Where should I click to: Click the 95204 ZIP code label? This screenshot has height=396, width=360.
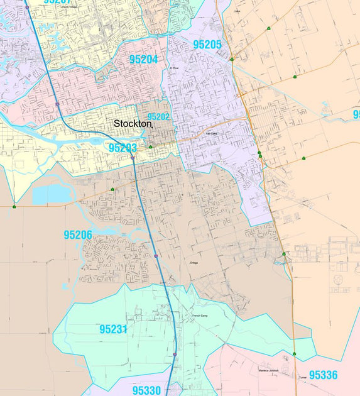(143, 60)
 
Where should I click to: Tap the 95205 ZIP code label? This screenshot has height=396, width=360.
(207, 45)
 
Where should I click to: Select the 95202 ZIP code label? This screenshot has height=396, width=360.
(158, 117)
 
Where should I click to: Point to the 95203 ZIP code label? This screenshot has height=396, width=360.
(123, 148)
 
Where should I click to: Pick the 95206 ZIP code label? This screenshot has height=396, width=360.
(78, 235)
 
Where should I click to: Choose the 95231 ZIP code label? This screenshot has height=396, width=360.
(113, 329)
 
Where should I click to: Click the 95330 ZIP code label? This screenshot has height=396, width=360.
(146, 390)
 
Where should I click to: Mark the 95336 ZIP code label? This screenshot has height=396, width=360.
(323, 375)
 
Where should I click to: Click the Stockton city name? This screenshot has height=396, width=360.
(133, 124)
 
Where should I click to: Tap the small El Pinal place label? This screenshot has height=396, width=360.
(174, 68)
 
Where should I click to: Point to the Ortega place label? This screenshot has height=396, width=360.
(194, 263)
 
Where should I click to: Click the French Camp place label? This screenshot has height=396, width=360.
(201, 316)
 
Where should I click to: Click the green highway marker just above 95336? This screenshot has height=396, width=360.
(294, 354)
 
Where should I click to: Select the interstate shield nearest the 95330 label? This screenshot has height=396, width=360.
(174, 355)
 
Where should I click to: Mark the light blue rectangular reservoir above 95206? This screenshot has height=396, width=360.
(53, 195)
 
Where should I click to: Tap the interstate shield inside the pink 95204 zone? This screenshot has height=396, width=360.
(57, 104)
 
